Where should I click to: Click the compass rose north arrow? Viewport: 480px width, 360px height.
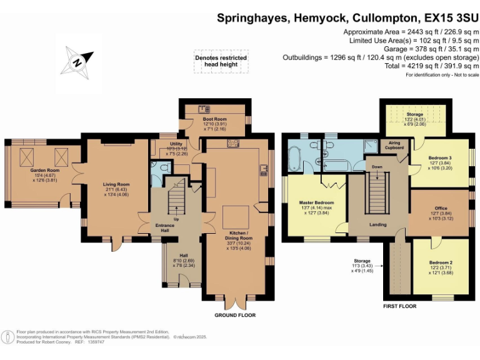tap(77, 61)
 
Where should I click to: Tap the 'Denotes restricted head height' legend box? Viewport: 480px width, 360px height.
tap(220, 61)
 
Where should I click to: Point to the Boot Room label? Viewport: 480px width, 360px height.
tap(214, 119)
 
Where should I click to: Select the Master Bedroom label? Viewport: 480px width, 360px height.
tap(316, 203)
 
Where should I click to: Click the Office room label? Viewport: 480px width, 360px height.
tap(441, 208)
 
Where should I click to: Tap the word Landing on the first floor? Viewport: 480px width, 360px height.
tap(377, 224)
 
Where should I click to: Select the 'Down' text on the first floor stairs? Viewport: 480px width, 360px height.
tap(377, 167)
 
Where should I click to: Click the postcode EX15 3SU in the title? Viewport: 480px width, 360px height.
tap(445, 18)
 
